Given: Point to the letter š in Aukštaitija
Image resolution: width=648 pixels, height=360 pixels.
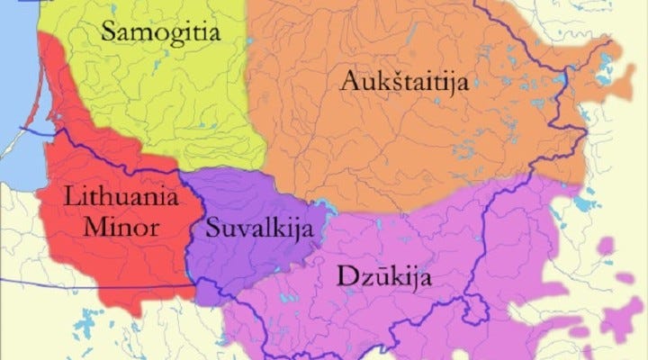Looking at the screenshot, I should [391, 81].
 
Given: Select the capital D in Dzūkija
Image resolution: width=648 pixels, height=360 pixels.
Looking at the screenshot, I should [345, 274].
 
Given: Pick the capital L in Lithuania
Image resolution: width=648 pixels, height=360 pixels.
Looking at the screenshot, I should [71, 197].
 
